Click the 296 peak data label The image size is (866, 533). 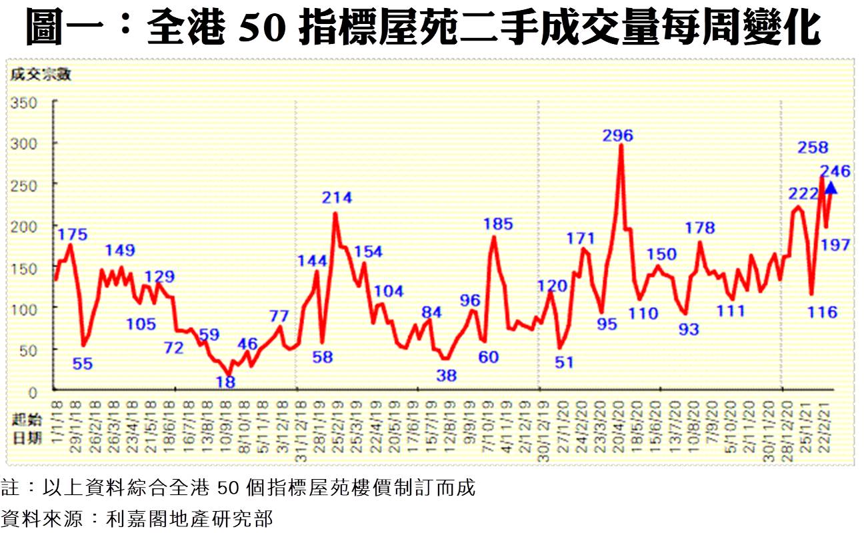(x=617, y=135)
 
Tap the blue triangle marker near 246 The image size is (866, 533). (x=831, y=189)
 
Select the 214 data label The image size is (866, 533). (x=337, y=197)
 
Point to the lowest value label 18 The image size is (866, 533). (x=226, y=382)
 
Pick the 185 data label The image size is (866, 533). (x=497, y=224)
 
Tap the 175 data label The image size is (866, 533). (x=72, y=234)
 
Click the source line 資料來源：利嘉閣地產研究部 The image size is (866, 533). (x=137, y=518)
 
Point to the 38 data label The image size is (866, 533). (x=446, y=375)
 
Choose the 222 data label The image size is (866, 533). (x=804, y=194)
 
